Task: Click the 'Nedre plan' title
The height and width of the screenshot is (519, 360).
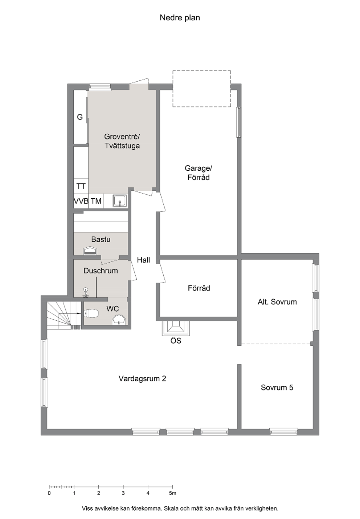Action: point(180,18)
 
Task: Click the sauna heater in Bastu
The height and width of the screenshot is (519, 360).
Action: point(90,251)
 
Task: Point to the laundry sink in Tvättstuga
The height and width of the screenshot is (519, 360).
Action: point(120,200)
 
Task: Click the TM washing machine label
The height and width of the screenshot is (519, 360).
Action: point(96,201)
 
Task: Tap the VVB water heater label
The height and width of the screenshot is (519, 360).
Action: point(81,201)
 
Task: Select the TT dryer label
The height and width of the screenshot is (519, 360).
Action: point(81,186)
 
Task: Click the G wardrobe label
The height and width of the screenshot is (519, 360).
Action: point(79,117)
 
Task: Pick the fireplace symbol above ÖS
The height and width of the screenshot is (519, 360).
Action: point(176,328)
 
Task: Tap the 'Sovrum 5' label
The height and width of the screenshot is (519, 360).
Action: point(277,388)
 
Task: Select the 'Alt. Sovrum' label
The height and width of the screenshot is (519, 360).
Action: point(277,302)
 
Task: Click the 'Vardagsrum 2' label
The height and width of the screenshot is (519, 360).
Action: point(142,378)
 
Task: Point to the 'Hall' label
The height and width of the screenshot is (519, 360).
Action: point(143,260)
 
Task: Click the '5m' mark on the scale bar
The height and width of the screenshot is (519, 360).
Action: point(173,493)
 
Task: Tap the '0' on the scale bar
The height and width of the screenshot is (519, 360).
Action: point(49,493)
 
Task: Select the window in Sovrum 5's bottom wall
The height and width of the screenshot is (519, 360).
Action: point(283,431)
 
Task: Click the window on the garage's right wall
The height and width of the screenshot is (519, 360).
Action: point(238,122)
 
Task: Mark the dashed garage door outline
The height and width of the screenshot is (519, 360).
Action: point(202,89)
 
